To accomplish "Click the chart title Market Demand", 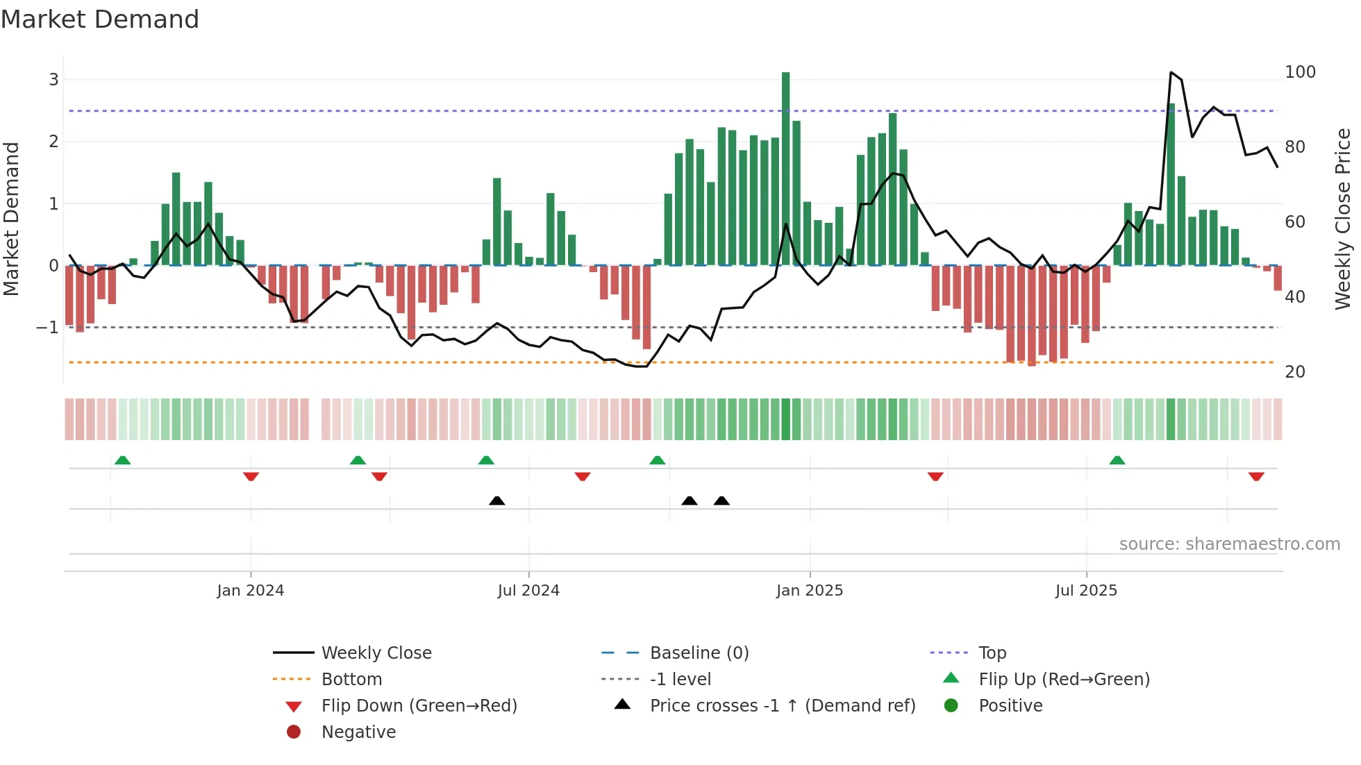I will pos(100,19).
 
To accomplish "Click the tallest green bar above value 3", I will pos(785,167).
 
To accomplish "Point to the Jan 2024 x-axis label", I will pos(250,591).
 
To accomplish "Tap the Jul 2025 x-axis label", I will pos(1086,591).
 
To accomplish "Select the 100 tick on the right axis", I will pos(1300,72).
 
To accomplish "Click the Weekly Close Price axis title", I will pos(1343,219).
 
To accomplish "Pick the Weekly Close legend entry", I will pos(376,653).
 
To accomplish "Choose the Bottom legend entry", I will pos(351,679).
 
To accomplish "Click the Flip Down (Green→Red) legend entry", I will pos(419,705).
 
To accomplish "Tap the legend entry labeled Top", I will pos(992,653).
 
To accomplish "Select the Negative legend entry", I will pos(358,732).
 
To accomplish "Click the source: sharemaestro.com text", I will pos(1229,544).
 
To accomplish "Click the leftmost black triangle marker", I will pos(496,501).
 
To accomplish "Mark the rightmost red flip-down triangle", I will pos(1256,476).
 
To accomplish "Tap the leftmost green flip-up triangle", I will pos(122,460).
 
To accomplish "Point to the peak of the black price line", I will pos(1171,72).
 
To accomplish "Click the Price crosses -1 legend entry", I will pos(782,705).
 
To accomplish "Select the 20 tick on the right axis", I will pos(1294,372).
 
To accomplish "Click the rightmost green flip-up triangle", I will pos(1117,460).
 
